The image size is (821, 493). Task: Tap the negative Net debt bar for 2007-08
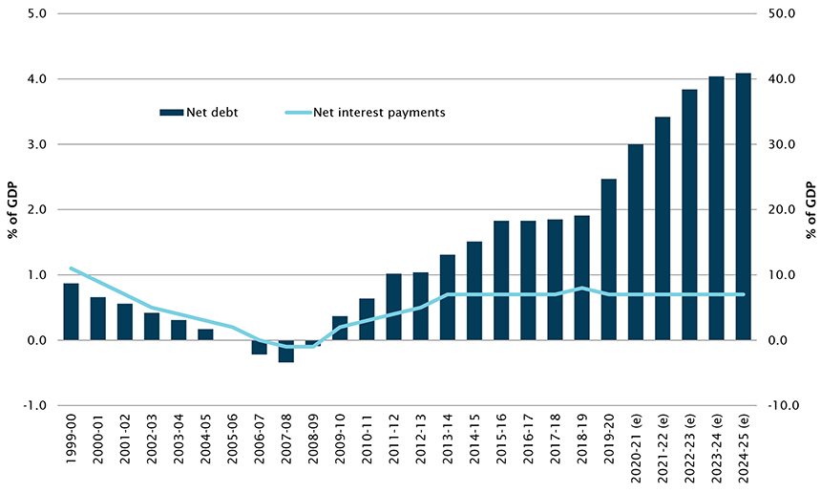[x=286, y=351]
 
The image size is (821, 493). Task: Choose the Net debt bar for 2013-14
[x=448, y=297]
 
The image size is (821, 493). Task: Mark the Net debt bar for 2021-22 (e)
[x=663, y=228]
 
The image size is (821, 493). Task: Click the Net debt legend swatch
[x=171, y=112]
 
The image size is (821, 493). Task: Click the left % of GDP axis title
[x=13, y=209]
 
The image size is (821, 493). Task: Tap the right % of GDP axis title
[x=810, y=209]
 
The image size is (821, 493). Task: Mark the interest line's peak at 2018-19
[x=581, y=288]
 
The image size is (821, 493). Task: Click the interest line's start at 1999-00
[x=71, y=268]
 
